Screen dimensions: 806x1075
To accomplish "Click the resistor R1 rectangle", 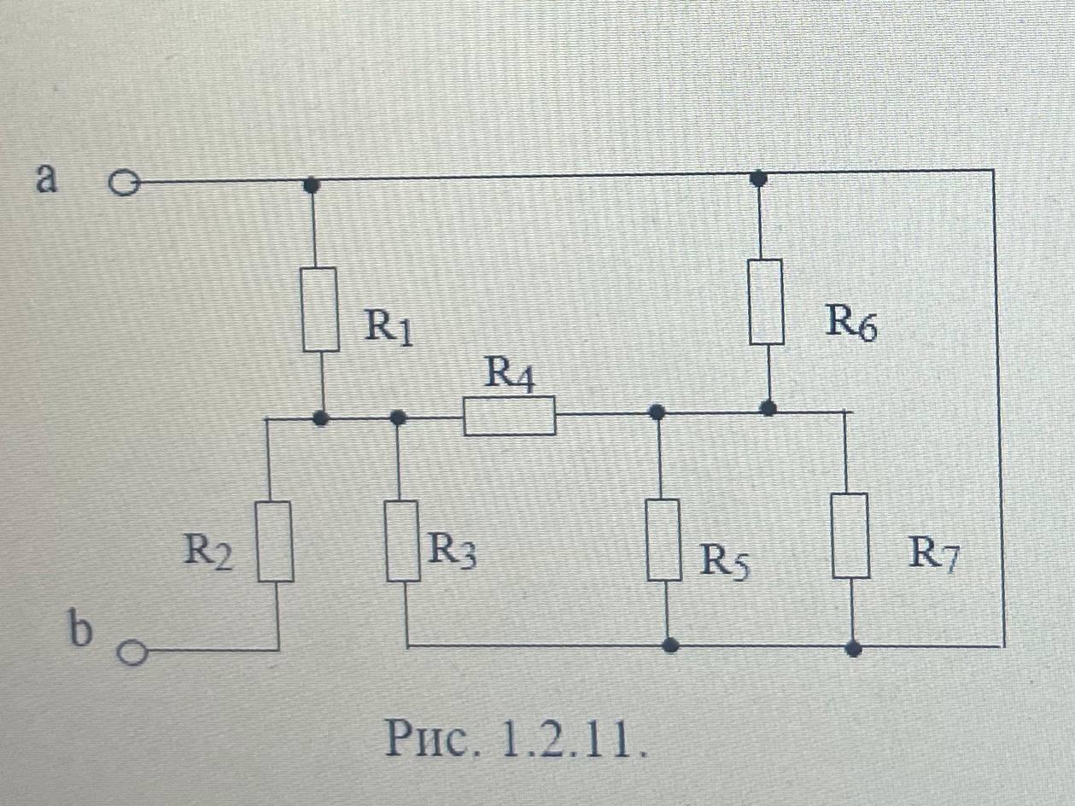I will pos(321,309).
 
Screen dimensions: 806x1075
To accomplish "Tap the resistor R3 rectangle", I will pos(402,541).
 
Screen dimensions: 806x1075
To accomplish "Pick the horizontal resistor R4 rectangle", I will pos(510,416).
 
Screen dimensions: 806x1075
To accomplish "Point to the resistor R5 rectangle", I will pos(663,540).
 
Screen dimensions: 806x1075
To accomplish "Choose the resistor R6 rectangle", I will pos(766,301).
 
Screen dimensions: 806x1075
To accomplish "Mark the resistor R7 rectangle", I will pos(851,536).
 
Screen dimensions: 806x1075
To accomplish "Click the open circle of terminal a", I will pos(125,183).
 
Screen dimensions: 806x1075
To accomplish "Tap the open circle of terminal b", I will pos(130,653).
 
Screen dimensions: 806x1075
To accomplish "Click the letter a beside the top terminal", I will pos(47,178).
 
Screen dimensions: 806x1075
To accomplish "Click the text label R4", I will pos(510,376).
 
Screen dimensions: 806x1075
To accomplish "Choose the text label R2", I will pos(208,553).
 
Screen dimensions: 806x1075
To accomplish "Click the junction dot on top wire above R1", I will pos(313,183).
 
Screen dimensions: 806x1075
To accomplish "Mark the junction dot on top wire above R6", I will pos(757,178).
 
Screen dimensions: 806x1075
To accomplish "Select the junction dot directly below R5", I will pos(671,645).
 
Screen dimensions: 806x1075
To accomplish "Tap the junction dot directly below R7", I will pos(853,648).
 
